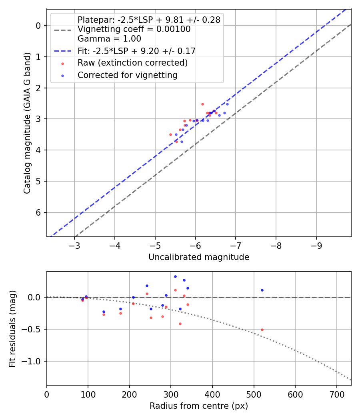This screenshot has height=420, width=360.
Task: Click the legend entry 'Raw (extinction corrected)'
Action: click(132, 63)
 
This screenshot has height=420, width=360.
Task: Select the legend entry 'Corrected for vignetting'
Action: click(127, 75)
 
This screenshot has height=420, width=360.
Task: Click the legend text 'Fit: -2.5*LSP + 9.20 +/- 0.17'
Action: click(136, 51)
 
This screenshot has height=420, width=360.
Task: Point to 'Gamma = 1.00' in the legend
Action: click(109, 39)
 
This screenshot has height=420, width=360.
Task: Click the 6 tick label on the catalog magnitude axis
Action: click(39, 212)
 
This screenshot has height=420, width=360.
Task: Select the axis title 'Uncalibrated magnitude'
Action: click(199, 257)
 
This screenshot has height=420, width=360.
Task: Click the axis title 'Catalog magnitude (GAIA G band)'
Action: click(27, 130)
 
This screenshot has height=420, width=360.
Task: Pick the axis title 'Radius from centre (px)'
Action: click(199, 406)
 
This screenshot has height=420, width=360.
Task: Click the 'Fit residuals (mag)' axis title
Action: click(13, 328)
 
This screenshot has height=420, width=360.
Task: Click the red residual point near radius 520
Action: click(262, 330)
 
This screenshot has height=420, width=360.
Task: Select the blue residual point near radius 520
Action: click(262, 290)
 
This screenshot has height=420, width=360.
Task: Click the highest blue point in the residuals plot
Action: click(175, 276)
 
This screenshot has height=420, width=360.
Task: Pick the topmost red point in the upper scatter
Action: click(202, 104)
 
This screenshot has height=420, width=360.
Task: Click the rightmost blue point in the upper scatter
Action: click(227, 104)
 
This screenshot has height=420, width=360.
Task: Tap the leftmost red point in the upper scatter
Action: click(170, 134)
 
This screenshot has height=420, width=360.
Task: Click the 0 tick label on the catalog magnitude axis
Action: click(39, 26)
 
